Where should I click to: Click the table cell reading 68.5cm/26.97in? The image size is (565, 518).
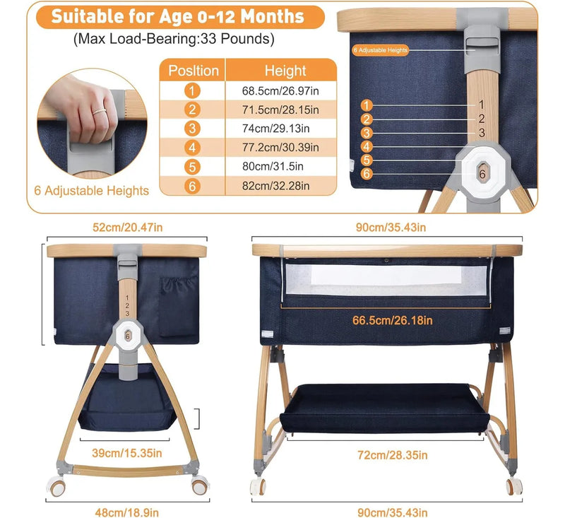click(280, 91)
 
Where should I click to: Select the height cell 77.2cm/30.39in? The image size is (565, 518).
click(280, 148)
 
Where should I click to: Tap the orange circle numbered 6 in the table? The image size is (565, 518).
click(192, 186)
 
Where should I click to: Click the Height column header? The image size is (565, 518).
click(285, 71)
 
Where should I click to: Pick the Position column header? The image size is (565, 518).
click(194, 71)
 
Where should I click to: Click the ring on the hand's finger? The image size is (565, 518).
click(99, 112)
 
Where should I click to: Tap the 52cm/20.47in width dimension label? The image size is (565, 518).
click(128, 228)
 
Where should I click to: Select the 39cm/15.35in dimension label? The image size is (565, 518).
click(127, 453)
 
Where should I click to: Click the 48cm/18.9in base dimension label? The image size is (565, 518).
click(127, 512)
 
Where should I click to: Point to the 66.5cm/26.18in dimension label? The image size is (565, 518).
click(393, 320)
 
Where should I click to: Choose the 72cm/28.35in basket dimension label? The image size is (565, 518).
click(393, 455)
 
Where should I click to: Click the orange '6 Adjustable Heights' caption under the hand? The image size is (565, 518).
click(92, 191)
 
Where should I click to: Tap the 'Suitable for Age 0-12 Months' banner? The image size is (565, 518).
click(178, 16)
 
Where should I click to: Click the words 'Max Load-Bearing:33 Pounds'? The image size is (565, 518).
click(174, 39)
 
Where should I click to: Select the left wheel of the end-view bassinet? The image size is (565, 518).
click(57, 486)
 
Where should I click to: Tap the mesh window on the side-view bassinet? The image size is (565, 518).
click(386, 280)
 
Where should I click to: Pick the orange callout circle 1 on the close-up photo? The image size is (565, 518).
click(367, 105)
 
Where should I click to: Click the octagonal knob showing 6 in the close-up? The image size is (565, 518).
click(482, 173)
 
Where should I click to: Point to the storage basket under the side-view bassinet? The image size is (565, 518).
click(384, 408)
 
